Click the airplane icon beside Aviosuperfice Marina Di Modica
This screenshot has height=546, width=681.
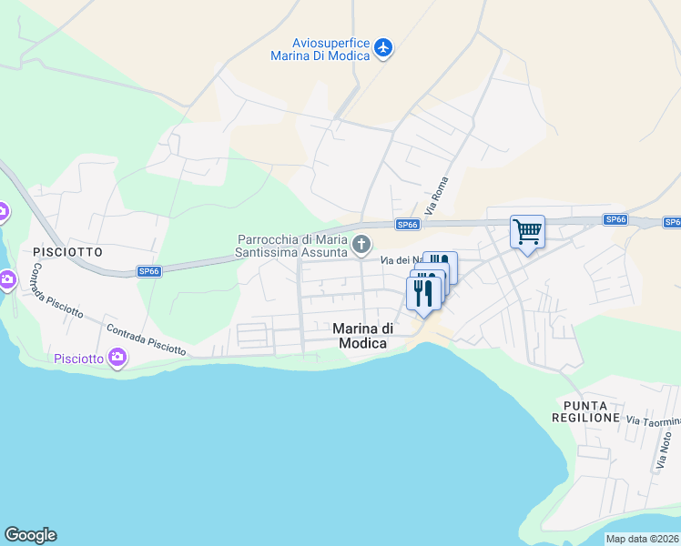tap(383, 46)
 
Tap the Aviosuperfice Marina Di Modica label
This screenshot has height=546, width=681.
tap(320, 49)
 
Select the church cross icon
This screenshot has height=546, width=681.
tap(362, 244)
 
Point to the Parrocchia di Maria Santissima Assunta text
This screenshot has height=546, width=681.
tap(293, 245)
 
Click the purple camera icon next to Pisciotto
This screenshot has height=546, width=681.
tap(117, 358)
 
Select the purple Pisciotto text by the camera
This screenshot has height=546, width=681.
tap(78, 358)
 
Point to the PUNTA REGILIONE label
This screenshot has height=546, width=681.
tap(585, 411)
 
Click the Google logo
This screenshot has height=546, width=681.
tap(30, 535)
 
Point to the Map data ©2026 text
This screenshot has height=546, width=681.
tap(642, 539)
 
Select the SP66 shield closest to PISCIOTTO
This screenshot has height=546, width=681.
tap(149, 271)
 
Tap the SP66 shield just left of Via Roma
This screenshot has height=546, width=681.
tap(407, 225)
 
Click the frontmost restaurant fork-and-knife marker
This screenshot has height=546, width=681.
tap(422, 293)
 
